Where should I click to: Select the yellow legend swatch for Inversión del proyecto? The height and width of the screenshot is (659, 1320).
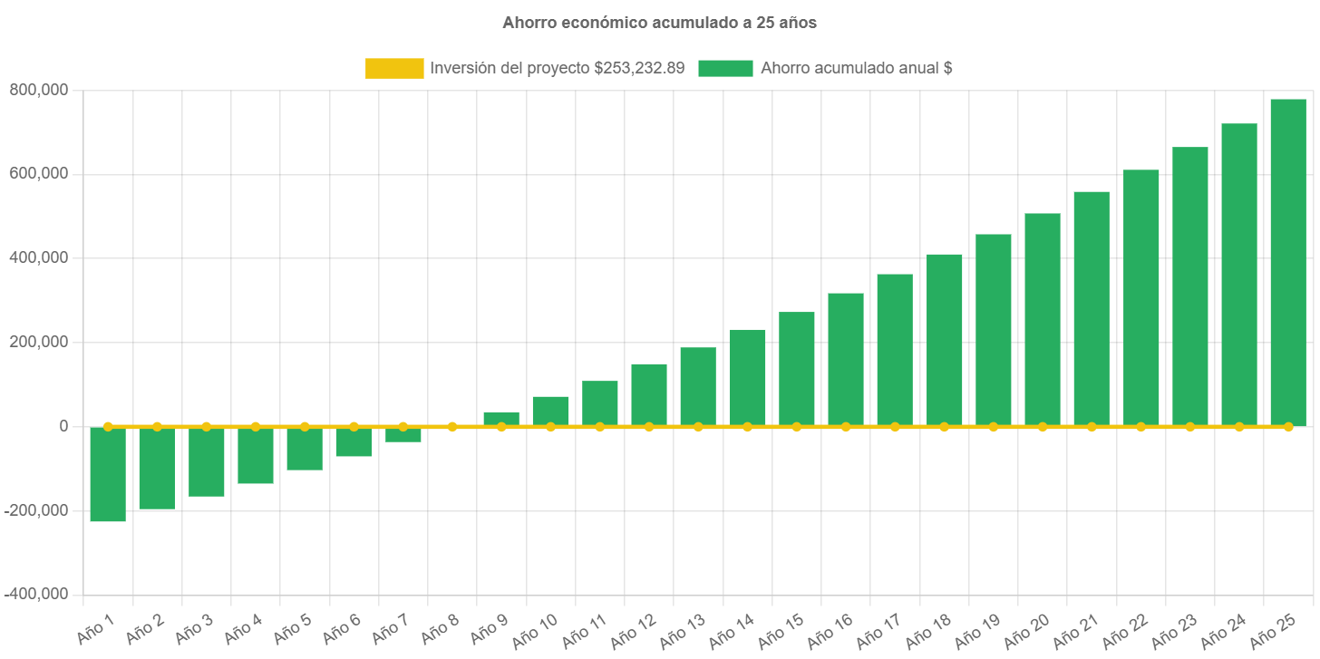394,68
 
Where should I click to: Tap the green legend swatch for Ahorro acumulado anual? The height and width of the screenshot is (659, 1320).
725,68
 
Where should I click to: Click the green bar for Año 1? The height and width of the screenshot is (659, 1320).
108,474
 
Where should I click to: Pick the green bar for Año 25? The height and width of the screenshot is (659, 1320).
1287,262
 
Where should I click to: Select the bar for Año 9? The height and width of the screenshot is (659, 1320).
501,418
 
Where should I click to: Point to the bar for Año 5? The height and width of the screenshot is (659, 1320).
305,449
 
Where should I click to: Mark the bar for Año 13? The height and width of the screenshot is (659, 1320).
698,386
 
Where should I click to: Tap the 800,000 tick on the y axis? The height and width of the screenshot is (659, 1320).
38,90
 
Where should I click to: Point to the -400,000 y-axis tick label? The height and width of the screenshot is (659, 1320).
36,594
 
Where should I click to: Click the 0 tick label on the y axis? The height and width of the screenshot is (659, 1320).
63,426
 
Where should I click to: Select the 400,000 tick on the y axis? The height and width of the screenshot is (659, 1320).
38,257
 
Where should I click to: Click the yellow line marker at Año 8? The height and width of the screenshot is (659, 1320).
452,426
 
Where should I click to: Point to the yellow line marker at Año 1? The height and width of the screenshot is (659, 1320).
108,426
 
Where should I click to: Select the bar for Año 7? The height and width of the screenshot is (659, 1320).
403,435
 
